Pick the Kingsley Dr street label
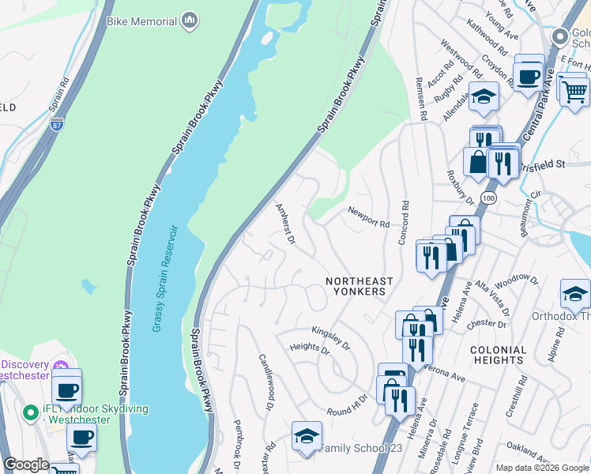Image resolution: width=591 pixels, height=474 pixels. coord(330,337)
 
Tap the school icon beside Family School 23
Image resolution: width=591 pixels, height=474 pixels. coord(307,437)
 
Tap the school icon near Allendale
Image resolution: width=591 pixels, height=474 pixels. coord(484,97)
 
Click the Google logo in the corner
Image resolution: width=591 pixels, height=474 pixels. coord(26,465)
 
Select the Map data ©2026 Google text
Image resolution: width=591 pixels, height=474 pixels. coord(541,468)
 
